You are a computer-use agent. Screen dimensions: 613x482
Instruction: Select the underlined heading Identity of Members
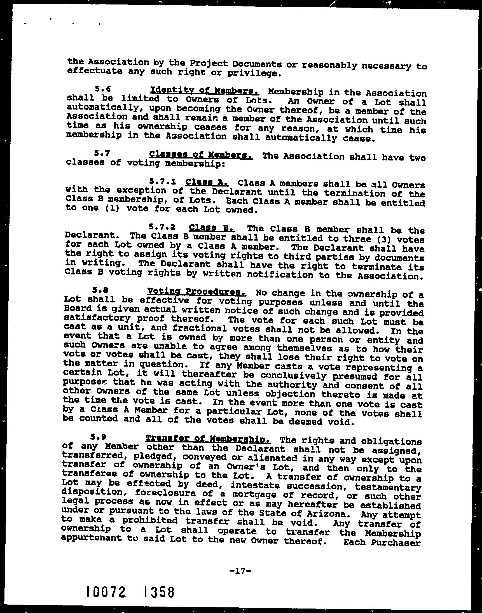point(205,91)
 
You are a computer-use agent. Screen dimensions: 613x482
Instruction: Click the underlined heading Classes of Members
point(201,155)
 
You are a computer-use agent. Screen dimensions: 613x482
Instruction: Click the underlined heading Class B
point(211,228)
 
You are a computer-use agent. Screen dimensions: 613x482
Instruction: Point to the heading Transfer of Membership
point(208,439)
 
